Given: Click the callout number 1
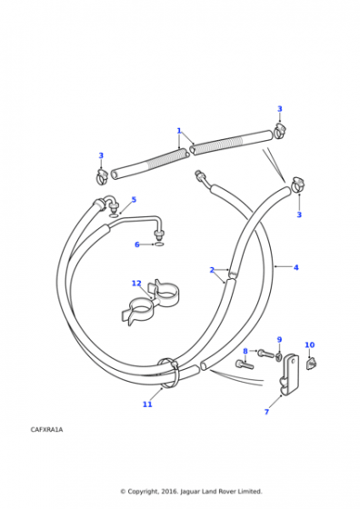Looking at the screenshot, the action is click(x=179, y=131).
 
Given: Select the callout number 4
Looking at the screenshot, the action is click(x=295, y=267).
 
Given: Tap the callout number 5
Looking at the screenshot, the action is click(x=134, y=199).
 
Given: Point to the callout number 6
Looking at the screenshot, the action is click(x=137, y=245).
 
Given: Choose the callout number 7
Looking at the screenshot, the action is click(x=266, y=412).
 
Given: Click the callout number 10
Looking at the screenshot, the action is click(x=310, y=344).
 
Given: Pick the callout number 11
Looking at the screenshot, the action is click(x=147, y=404).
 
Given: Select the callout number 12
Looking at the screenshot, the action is click(x=136, y=284).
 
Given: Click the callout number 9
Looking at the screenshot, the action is click(x=279, y=340).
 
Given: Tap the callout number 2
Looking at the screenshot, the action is click(x=212, y=270).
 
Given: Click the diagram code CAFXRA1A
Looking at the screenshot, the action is click(x=46, y=429).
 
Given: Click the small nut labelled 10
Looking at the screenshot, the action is click(x=311, y=363).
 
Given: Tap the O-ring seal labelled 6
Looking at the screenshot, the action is click(x=159, y=245).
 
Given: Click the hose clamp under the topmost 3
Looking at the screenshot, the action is click(x=279, y=132).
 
